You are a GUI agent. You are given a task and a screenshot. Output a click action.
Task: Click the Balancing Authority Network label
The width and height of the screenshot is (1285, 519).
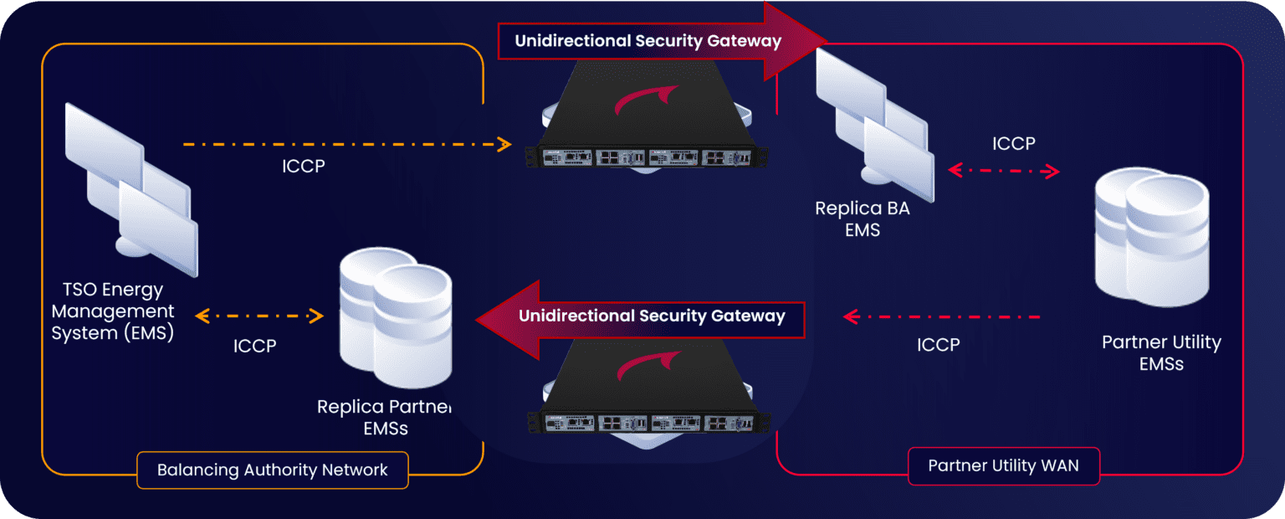tap(272, 470)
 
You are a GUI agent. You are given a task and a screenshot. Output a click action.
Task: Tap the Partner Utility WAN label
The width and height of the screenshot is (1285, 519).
tap(1003, 466)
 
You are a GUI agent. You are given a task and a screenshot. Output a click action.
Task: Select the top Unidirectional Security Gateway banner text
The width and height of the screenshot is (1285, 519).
tap(648, 40)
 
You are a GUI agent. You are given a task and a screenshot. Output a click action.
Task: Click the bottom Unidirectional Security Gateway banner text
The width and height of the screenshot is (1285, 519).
tap(652, 316)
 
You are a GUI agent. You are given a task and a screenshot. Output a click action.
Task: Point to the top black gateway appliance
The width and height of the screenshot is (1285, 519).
tap(648, 126)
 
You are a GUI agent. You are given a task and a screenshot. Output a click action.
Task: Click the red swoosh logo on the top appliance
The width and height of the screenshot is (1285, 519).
tap(642, 99)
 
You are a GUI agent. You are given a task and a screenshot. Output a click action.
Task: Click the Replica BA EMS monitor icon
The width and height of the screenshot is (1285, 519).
tap(875, 123)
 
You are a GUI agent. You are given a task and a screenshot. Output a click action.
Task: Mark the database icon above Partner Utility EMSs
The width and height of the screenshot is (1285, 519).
tap(1152, 237)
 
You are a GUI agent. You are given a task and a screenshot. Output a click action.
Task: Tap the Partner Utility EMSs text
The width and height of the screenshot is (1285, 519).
tap(1161, 352)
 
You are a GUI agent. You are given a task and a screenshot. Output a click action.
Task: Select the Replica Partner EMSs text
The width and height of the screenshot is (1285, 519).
tap(384, 418)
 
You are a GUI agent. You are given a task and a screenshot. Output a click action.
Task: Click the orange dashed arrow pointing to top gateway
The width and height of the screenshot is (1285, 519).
tap(346, 144)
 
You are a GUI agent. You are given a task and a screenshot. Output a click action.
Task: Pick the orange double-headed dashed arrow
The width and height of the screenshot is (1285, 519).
tap(259, 316)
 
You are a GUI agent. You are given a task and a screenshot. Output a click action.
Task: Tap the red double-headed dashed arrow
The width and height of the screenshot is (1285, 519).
tap(1004, 171)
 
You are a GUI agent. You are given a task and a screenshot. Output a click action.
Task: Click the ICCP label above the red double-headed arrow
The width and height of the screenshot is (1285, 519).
tap(1013, 143)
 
